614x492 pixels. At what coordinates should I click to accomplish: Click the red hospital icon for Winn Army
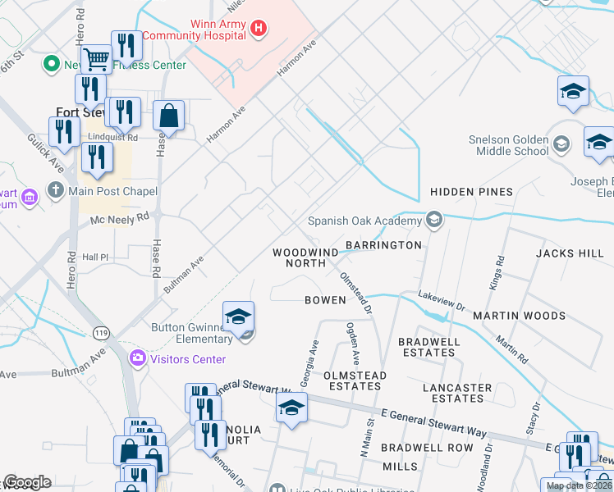[259, 30]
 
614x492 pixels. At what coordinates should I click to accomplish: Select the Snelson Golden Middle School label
[509, 145]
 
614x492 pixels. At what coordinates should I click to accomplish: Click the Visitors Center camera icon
[137, 358]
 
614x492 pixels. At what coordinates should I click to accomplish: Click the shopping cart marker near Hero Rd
[97, 59]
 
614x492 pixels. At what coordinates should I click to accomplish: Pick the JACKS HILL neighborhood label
[570, 253]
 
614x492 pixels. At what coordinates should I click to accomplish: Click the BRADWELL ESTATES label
[426, 347]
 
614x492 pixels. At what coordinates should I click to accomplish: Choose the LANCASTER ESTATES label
[457, 393]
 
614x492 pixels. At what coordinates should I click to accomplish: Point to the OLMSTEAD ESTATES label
[355, 380]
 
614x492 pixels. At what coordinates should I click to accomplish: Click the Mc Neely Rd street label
[120, 219]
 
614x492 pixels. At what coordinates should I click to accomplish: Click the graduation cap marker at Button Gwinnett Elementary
[238, 316]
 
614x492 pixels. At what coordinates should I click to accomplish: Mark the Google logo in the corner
[26, 483]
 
